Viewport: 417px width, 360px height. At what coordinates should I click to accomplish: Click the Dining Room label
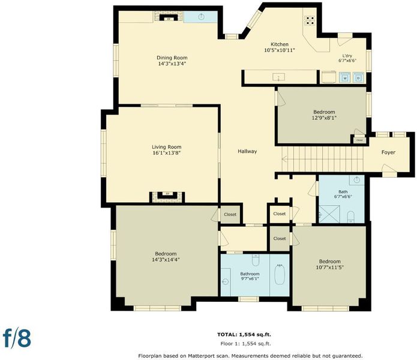172,58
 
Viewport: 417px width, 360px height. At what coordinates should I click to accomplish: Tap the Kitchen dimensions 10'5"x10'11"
280,50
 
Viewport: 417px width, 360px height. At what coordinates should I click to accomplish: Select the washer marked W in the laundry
344,77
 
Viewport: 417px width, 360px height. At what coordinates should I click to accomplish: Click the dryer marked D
358,77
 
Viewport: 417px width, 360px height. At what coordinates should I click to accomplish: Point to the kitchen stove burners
310,20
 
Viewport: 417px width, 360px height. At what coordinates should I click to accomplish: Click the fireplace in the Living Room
167,197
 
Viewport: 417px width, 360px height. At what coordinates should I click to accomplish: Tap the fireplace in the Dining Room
169,17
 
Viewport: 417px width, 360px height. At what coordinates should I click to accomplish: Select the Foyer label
388,152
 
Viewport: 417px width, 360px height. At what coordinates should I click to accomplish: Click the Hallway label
247,151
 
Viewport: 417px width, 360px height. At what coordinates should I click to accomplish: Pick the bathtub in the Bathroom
280,275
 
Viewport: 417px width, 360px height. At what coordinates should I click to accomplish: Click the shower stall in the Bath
329,214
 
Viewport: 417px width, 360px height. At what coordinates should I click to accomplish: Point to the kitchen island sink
278,77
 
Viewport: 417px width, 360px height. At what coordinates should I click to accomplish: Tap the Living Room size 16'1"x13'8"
167,153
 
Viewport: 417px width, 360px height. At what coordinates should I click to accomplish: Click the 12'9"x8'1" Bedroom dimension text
324,118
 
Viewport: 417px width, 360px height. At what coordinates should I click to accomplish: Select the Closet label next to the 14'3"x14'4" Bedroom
230,214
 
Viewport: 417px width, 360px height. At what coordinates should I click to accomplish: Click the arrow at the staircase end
284,160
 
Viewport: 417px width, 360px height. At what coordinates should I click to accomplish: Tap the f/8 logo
17,338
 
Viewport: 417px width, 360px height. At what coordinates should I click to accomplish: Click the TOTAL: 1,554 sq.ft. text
244,334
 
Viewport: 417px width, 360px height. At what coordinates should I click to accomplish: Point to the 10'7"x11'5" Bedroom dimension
330,267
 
